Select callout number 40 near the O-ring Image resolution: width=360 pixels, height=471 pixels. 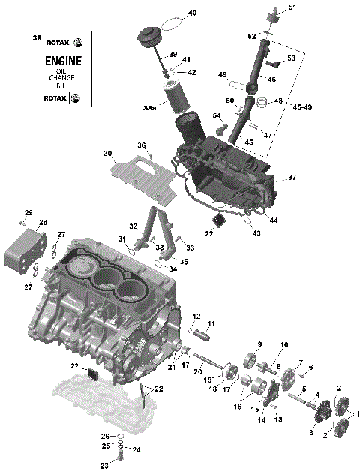point(192,13)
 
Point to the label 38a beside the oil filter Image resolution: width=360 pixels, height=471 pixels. point(149,109)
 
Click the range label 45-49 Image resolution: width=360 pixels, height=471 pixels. point(295,106)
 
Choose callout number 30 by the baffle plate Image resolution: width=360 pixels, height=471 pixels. point(108,154)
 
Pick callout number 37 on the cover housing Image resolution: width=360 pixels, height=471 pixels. point(292,178)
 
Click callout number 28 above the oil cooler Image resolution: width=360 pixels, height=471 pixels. point(42,222)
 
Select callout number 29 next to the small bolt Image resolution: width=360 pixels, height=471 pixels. point(28,212)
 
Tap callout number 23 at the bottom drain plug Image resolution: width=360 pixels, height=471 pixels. point(104,465)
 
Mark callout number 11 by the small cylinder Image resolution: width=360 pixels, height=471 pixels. point(211,323)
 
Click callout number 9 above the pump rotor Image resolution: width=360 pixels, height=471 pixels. point(260,343)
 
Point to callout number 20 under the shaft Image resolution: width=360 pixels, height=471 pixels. point(198,370)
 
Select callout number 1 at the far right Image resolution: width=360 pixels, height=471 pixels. point(357,413)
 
